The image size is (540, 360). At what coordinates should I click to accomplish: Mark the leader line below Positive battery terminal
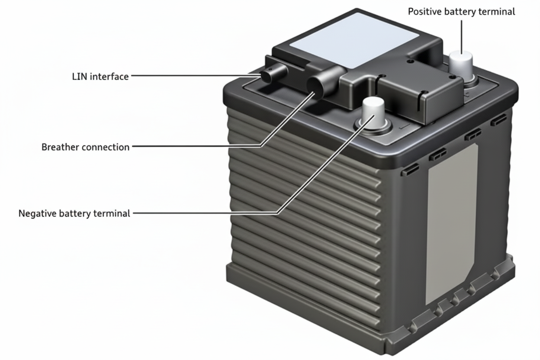(x=462, y=35)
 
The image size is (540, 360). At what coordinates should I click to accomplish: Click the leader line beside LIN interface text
(x=195, y=76)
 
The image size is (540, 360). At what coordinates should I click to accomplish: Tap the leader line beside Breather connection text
(x=195, y=147)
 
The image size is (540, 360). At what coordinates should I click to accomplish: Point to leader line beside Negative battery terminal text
(x=203, y=213)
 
